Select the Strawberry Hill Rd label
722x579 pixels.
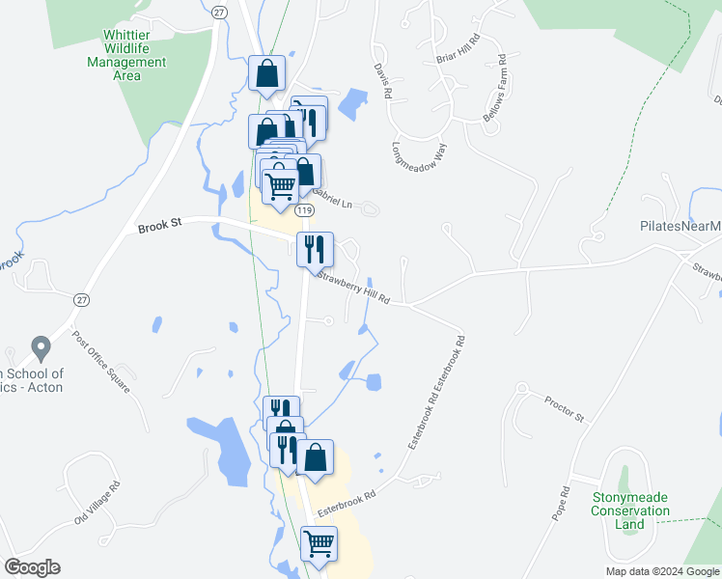pyautogui.click(x=353, y=288)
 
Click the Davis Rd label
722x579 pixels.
pyautogui.click(x=383, y=83)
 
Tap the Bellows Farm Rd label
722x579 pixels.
pyautogui.click(x=495, y=87)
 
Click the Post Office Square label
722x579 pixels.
pyautogui.click(x=101, y=362)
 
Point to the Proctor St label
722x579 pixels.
pyautogui.click(x=565, y=409)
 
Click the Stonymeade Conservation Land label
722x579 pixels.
pyautogui.click(x=630, y=510)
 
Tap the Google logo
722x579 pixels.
pyautogui.click(x=32, y=567)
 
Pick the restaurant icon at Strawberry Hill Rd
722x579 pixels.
pyautogui.click(x=315, y=249)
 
